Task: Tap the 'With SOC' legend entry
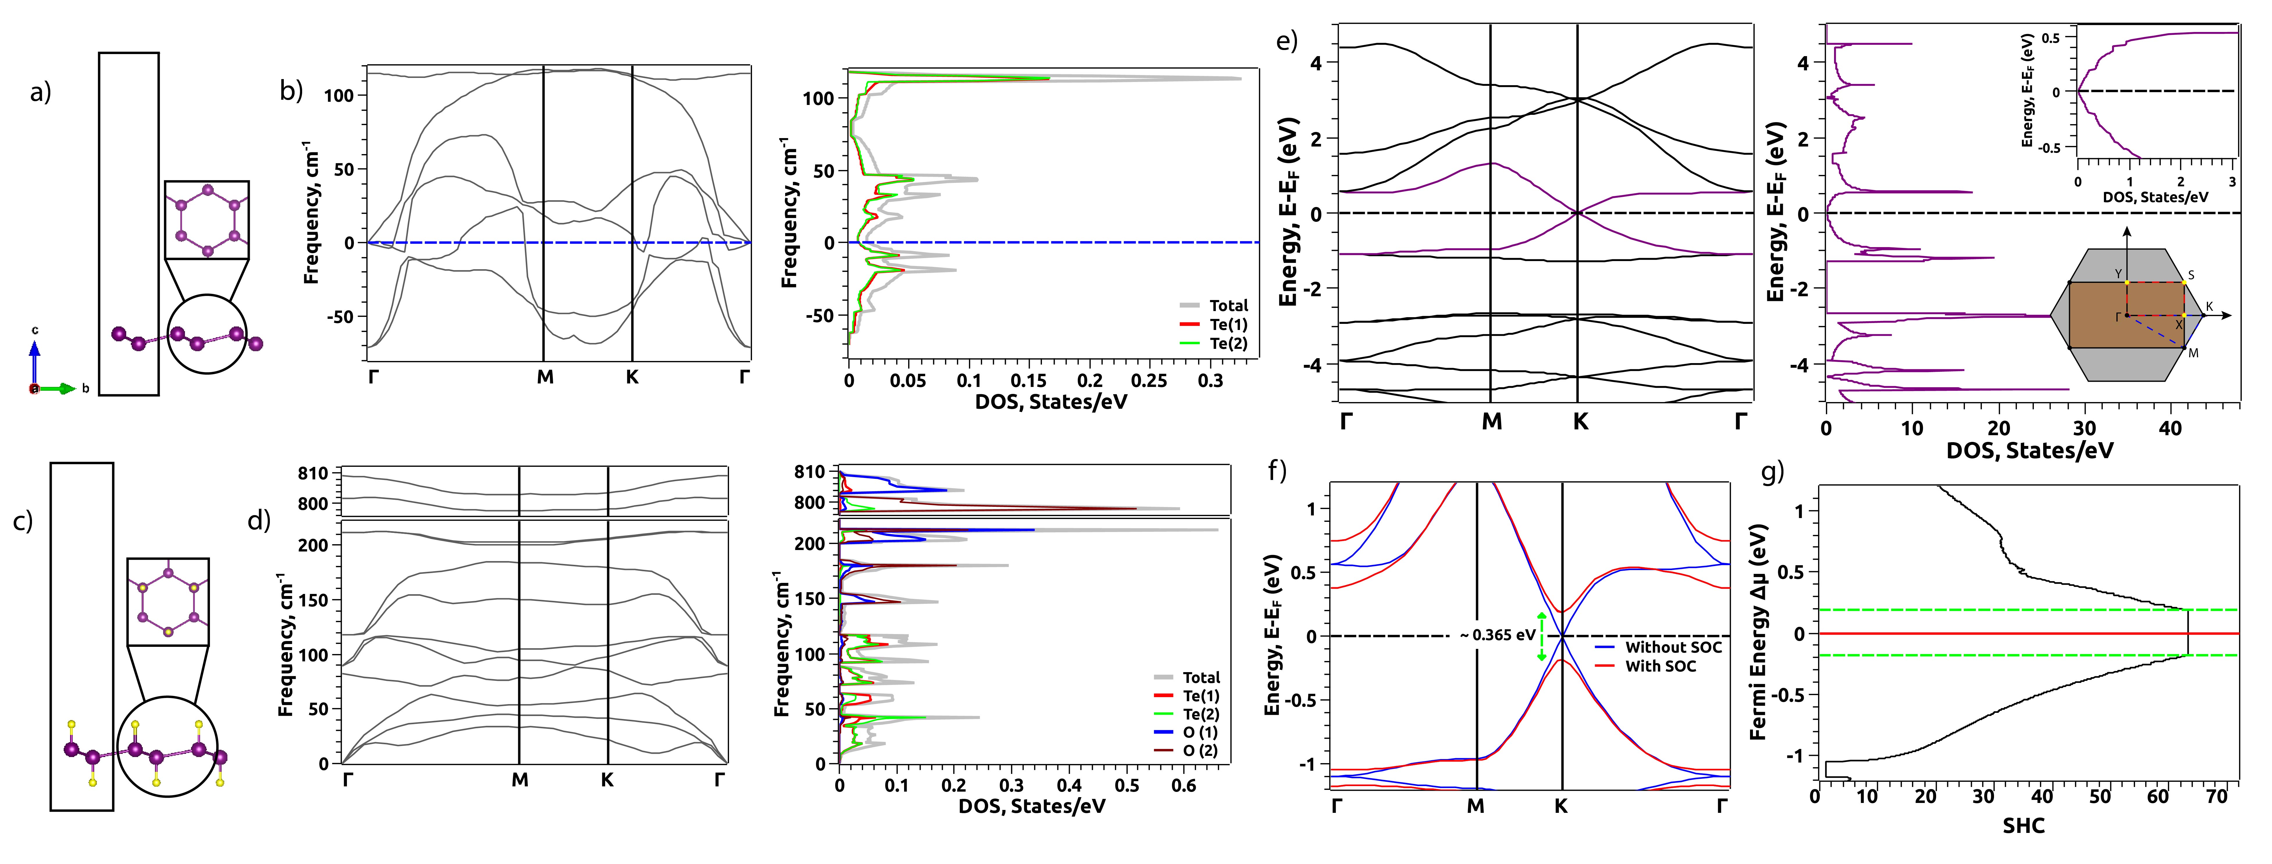[x=1660, y=667]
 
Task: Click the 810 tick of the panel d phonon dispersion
[x=313, y=474]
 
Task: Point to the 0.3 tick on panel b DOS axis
[x=1210, y=381]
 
